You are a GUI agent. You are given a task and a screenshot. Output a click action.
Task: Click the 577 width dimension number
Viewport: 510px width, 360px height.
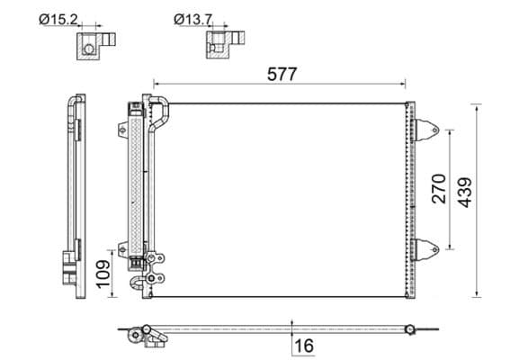282,76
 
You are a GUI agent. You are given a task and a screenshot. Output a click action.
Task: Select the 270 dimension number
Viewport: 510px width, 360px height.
438,189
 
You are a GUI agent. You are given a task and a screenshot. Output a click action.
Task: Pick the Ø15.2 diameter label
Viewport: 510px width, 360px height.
60,17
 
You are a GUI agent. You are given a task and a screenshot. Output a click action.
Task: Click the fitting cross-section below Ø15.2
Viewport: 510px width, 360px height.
92,45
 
